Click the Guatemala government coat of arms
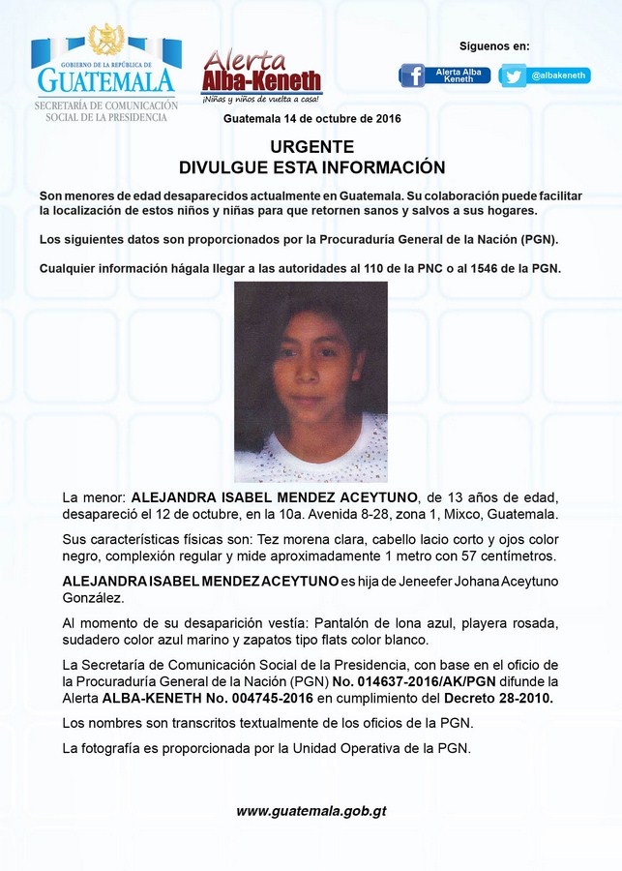(x=106, y=40)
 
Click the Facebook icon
(x=412, y=75)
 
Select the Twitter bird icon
(x=514, y=75)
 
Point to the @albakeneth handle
(x=559, y=75)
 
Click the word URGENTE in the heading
(x=311, y=147)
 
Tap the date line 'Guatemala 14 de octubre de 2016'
(x=311, y=118)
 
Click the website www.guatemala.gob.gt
(x=311, y=811)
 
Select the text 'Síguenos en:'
(x=494, y=46)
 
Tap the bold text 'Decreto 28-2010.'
(x=498, y=699)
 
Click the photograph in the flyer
(x=311, y=382)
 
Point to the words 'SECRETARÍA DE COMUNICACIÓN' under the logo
(x=106, y=105)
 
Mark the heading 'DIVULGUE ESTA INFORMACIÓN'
(x=311, y=167)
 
